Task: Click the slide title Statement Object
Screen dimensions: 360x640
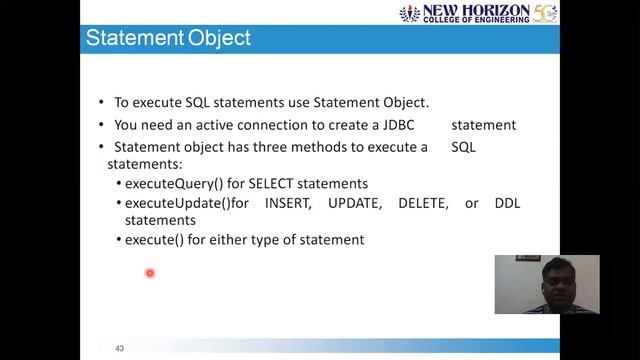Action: [x=167, y=39]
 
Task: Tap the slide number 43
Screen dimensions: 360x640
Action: [x=119, y=348]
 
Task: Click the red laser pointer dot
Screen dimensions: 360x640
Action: [x=150, y=272]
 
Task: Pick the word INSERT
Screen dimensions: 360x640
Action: [x=290, y=203]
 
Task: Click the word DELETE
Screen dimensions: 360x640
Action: [x=423, y=203]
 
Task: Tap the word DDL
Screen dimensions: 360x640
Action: [x=507, y=203]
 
